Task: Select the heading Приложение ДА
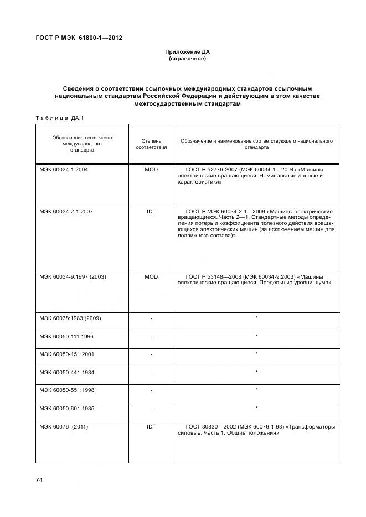(187, 53)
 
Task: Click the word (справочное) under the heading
(187, 59)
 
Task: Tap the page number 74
(39, 479)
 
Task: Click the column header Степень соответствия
(151, 144)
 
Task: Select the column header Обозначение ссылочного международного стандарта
(82, 143)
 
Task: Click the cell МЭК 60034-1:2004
(64, 170)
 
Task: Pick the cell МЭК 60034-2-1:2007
(66, 212)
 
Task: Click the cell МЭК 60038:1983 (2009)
(70, 318)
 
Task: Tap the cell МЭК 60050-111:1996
(66, 336)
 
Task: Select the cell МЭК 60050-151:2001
(66, 354)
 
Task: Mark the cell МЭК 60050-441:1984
(66, 372)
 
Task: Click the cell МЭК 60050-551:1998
(66, 390)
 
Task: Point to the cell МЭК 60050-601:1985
(66, 409)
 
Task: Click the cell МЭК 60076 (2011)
(64, 427)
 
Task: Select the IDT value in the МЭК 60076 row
(151, 427)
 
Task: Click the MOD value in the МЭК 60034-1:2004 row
(151, 170)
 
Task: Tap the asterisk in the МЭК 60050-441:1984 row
(256, 372)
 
